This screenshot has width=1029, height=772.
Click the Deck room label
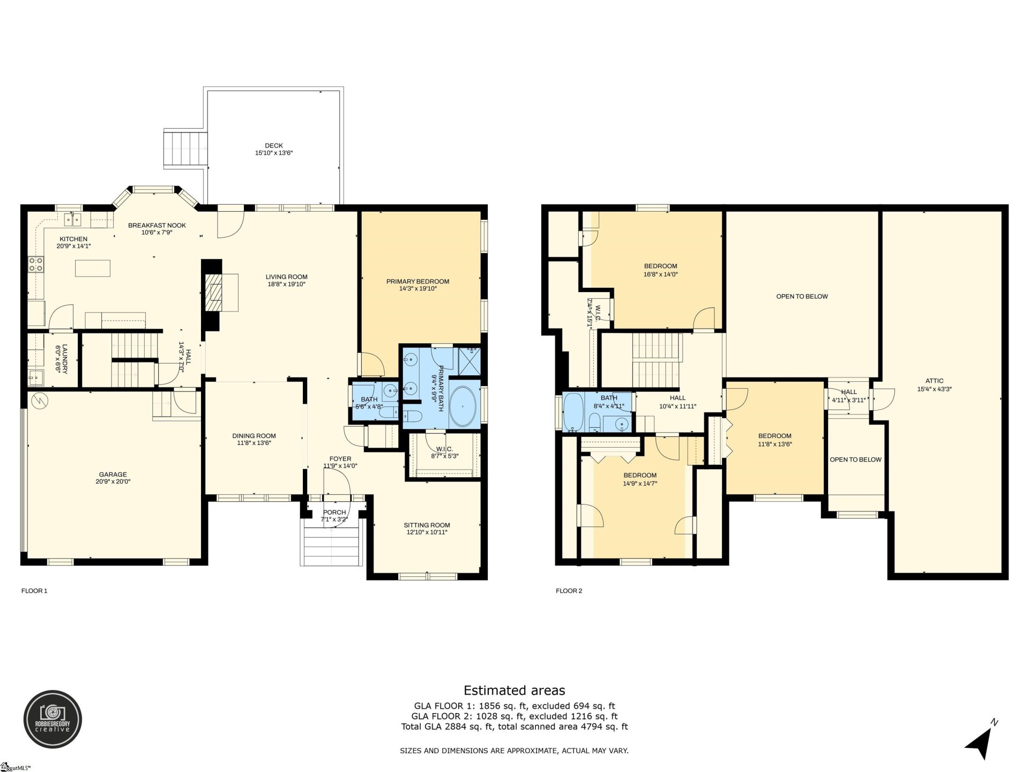coord(273,146)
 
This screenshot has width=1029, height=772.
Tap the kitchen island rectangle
coord(93,268)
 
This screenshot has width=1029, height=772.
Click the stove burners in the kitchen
coord(36,263)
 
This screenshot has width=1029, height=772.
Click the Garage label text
coord(113,474)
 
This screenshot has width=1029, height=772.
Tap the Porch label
coord(334,513)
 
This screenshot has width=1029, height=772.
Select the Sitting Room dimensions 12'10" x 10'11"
coord(427,532)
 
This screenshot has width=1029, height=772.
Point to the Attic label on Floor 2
coord(934,381)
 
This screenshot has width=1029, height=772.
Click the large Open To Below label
coord(802,296)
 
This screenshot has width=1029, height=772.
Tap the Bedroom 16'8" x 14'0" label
coord(660,266)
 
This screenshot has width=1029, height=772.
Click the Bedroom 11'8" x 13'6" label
coord(774,436)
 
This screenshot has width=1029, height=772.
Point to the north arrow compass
coord(980,741)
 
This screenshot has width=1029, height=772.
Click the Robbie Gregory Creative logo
coord(53,719)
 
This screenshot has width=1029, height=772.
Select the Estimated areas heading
coord(514,691)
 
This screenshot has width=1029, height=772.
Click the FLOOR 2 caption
coord(569,591)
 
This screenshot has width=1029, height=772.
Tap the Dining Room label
coord(254,436)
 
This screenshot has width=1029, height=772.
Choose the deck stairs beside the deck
coord(185,150)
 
